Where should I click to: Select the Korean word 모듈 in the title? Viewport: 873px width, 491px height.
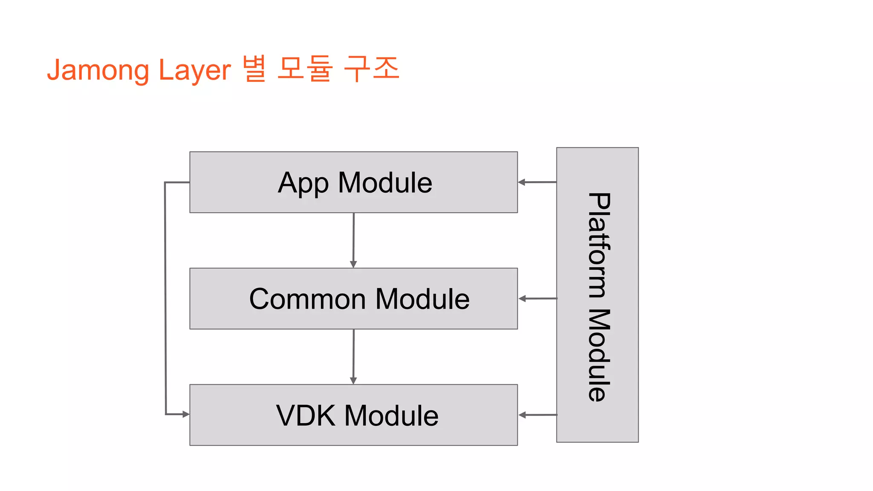[x=304, y=68]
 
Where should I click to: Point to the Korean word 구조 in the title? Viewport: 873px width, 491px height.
[x=371, y=68]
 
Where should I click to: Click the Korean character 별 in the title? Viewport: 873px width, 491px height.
[x=254, y=68]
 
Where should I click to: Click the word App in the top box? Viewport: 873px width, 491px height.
[x=303, y=183]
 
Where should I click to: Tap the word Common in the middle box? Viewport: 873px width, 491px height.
[x=307, y=299]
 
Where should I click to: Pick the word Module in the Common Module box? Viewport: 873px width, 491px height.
[x=422, y=299]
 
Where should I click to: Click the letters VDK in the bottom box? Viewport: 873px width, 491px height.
[x=306, y=416]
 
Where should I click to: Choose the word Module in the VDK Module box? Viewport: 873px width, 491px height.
[x=391, y=416]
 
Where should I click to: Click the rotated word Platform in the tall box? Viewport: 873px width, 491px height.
[x=598, y=245]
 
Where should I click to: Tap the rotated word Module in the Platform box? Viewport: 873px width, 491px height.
[x=598, y=355]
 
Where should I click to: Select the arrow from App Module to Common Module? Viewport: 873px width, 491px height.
[x=353, y=240]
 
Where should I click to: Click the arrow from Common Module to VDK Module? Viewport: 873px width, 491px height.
[x=353, y=357]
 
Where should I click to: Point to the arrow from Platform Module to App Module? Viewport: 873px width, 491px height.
[x=537, y=182]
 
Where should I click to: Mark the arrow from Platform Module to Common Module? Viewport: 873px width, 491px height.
[x=538, y=299]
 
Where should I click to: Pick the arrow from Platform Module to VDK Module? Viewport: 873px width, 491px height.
[x=538, y=415]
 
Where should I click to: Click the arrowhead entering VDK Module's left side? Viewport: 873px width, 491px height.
[x=185, y=414]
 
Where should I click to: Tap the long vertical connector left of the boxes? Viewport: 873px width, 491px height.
[x=165, y=298]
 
